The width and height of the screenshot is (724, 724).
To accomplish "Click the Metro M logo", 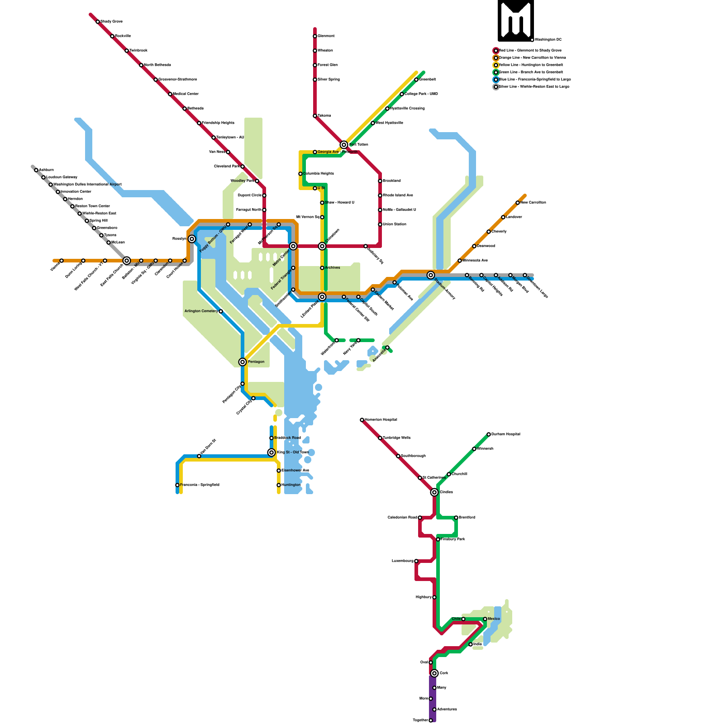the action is tap(515, 20).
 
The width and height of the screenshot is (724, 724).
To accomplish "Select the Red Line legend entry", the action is tap(530, 50).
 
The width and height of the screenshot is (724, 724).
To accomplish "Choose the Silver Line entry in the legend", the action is tap(533, 86).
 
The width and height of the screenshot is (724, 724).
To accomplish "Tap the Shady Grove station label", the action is tap(111, 21).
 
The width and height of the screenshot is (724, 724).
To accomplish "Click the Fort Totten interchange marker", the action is tap(344, 145).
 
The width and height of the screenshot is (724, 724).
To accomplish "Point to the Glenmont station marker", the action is tap(315, 36).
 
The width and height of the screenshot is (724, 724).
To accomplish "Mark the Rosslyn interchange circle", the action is tap(192, 239).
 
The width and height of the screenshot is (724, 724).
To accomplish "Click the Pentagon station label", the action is tap(256, 362).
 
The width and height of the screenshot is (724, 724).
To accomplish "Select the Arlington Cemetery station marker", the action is tap(221, 311).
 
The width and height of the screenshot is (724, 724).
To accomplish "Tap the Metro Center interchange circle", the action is tap(293, 246).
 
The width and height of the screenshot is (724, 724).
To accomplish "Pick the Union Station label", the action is tap(394, 224).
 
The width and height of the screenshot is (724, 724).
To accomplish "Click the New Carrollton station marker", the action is tap(518, 203).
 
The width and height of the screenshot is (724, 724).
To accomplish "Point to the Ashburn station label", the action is tap(46, 170).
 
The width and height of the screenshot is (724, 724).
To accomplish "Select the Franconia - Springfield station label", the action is tap(200, 485).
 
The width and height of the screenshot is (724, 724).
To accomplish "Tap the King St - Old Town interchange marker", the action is tap(271, 452).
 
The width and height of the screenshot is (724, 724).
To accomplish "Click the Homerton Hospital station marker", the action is tap(362, 420).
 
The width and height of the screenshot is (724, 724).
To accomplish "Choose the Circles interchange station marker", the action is tap(434, 492).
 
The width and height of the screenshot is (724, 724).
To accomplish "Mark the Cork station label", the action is tap(444, 673).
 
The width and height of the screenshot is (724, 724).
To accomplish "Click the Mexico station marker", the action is tap(485, 619).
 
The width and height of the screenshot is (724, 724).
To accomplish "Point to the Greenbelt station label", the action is tap(428, 79).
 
